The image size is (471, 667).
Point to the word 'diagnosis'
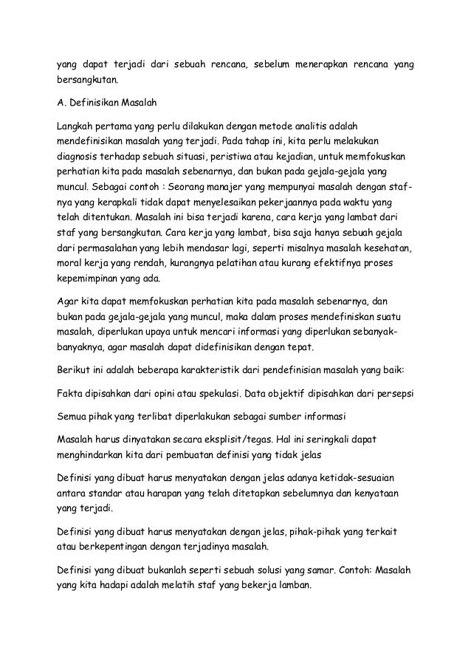(x=80, y=157)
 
